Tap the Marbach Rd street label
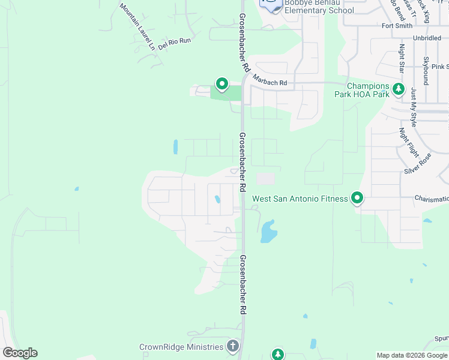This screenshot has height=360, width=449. pyautogui.click(x=270, y=80)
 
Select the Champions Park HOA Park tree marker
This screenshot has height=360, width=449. pyautogui.click(x=398, y=89)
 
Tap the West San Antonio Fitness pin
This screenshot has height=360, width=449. pyautogui.click(x=357, y=197)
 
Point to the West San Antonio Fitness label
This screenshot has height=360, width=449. pyautogui.click(x=300, y=199)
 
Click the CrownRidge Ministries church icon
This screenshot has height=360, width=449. pyautogui.click(x=232, y=346)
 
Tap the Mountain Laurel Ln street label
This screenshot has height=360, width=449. pyautogui.click(x=137, y=26)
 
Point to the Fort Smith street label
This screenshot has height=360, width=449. pyautogui.click(x=397, y=26)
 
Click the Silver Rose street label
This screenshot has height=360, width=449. pyautogui.click(x=418, y=163)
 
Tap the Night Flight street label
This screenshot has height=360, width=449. pyautogui.click(x=408, y=142)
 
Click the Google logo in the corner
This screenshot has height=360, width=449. pyautogui.click(x=20, y=353)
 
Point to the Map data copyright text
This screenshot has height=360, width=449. pyautogui.click(x=411, y=355)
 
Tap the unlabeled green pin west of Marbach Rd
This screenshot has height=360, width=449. pyautogui.click(x=221, y=84)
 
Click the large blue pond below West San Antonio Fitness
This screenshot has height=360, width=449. pyautogui.click(x=268, y=232)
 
